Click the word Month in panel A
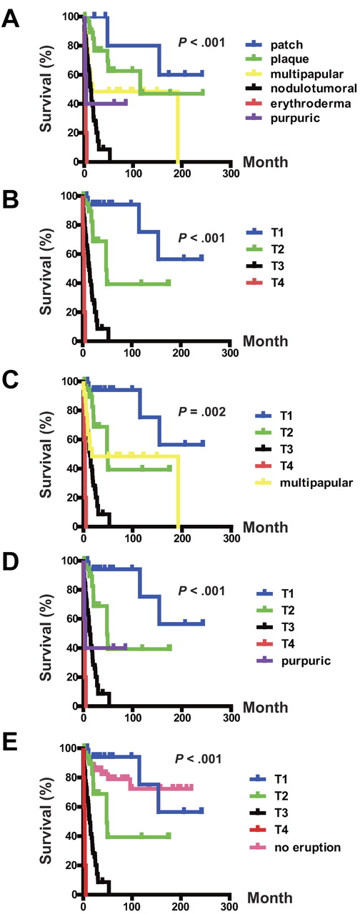click(265, 163)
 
